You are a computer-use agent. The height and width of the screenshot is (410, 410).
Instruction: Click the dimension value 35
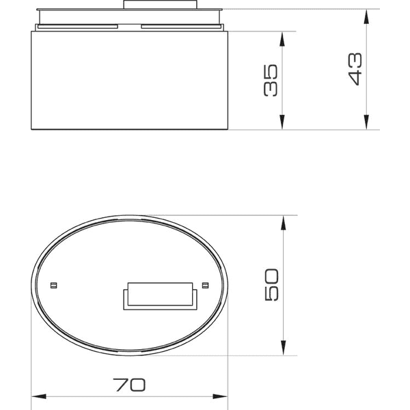pos(271,81)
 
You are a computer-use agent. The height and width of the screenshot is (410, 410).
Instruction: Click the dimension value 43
pos(355,69)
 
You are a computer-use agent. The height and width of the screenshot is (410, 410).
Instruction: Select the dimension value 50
pos(271,286)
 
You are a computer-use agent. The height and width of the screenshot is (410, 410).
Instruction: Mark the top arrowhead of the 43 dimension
pos(367,14)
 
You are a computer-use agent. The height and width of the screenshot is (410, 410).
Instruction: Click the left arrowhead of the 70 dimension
pos(38,396)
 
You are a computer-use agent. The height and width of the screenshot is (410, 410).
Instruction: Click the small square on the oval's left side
pos(55,284)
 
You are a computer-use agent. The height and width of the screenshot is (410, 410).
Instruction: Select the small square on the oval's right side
pos(205,284)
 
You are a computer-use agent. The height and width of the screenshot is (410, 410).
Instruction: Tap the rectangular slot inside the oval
pos(160,294)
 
